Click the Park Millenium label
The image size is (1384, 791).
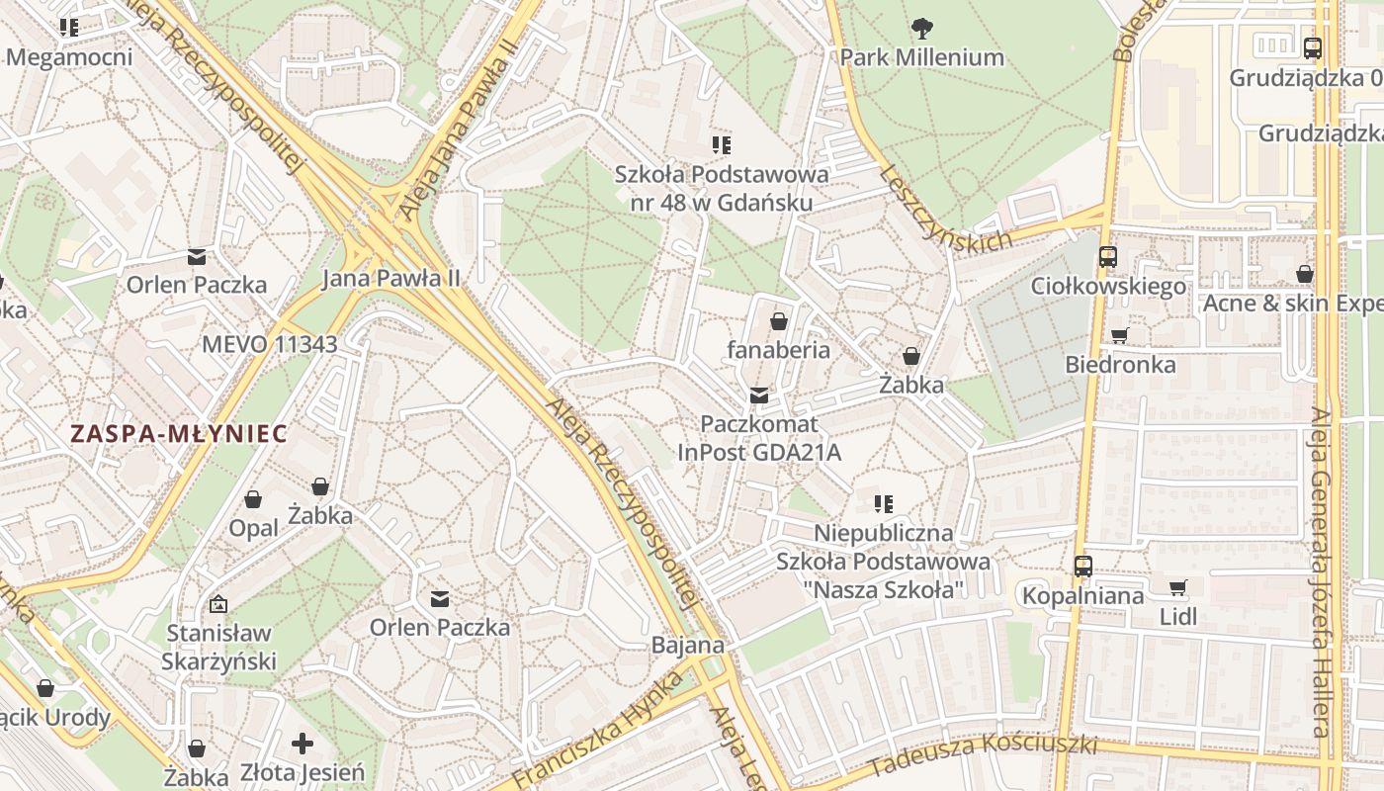pos(921,57)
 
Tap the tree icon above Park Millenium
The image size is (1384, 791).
pos(922,29)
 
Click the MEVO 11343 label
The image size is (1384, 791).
pos(269,345)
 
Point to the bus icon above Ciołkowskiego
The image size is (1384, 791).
pos(1107,257)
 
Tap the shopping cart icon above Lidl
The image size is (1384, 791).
pos(1177,588)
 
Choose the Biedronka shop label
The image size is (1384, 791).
pos(1120,365)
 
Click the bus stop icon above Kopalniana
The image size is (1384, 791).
pos(1083,567)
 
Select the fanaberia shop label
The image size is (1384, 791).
pos(778,350)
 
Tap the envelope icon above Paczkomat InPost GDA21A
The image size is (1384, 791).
pos(758,395)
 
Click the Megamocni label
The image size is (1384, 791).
pos(69,57)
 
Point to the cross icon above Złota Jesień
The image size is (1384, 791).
pos(303,744)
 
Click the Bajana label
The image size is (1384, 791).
pos(687,646)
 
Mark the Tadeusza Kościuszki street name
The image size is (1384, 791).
pos(984,752)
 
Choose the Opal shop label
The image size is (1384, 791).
pos(253,528)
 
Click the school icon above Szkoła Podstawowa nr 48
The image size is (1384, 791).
pos(721,145)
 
